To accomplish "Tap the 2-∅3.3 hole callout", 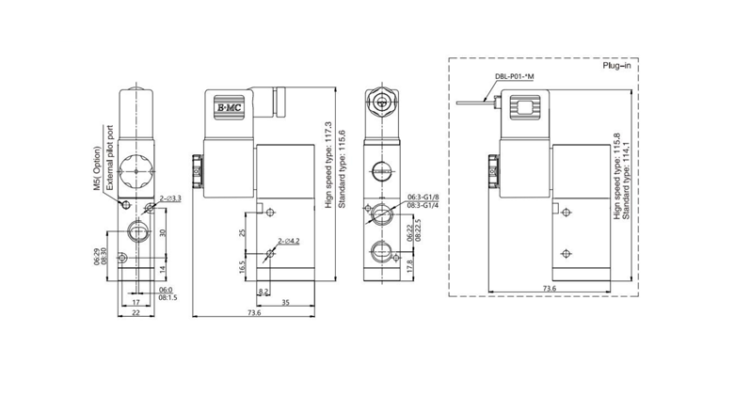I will click(170, 198).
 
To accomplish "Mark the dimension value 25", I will click(242, 232).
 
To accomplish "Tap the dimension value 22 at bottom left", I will click(135, 313).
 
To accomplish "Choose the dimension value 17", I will click(136, 302).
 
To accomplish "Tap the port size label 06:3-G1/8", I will click(423, 197).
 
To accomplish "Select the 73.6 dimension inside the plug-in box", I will click(549, 288).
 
